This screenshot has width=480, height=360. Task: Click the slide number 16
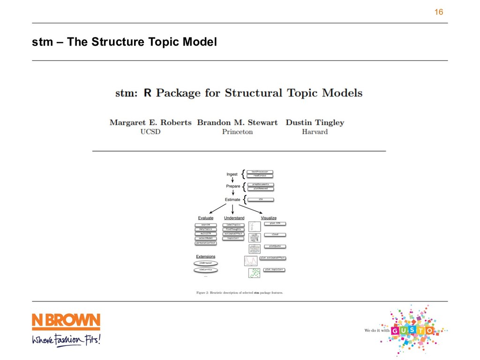439,12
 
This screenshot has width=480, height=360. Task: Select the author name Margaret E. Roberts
150,122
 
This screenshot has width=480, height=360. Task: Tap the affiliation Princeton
237,132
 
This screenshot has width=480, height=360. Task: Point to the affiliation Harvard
315,132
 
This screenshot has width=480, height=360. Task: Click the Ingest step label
232,174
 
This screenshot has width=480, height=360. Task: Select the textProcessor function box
260,172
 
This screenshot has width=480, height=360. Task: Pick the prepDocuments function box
260,185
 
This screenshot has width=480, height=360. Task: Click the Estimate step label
232,199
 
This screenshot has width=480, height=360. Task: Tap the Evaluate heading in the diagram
206,218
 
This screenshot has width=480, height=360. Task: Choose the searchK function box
206,225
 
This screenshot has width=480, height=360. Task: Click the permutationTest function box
206,243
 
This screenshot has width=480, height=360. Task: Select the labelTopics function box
233,225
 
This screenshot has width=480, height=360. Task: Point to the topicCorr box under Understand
233,238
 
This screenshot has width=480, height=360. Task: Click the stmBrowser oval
206,263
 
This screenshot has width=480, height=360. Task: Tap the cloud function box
275,234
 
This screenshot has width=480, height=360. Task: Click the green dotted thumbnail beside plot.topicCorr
254,272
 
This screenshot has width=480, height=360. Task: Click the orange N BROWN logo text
66,322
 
